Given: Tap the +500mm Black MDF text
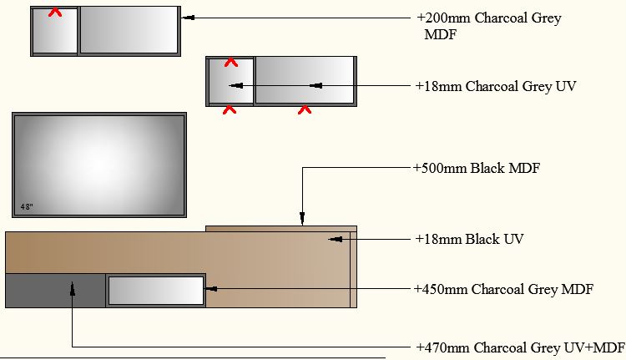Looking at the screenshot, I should (477, 168).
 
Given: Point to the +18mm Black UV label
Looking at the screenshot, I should (469, 239).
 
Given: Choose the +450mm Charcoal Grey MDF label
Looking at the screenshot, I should (503, 289).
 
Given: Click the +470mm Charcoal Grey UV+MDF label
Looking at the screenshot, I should (520, 347).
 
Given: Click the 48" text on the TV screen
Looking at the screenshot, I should (28, 205).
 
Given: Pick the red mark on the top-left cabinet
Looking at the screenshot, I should (55, 13).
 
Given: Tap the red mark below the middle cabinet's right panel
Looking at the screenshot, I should (305, 109).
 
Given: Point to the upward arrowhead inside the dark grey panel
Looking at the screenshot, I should (73, 287).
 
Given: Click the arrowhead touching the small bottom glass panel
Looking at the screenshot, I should (210, 289).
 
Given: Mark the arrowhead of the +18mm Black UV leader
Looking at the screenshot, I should (334, 239).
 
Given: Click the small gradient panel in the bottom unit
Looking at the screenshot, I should (156, 290).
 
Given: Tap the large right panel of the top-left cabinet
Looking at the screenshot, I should (129, 30).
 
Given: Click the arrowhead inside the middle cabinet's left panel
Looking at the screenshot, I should (235, 85).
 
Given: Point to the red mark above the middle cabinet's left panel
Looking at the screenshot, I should (231, 62).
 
